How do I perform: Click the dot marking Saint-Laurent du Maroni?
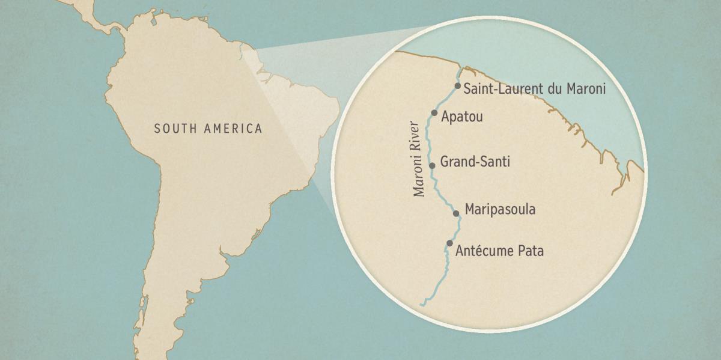point(458,86)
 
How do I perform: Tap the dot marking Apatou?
point(434,112)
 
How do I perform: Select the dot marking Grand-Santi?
point(431,165)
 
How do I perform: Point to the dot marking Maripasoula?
point(456,213)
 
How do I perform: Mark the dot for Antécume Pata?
point(449,243)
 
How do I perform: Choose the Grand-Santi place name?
point(475,162)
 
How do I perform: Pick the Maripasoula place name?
point(500,210)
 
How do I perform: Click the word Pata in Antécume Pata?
point(530,251)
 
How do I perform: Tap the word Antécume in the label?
point(484,251)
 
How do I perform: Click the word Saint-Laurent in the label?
point(502,89)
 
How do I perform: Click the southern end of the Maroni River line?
point(421,304)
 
